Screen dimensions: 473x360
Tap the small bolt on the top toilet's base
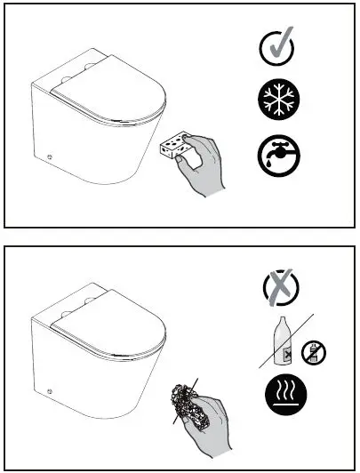52,158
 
